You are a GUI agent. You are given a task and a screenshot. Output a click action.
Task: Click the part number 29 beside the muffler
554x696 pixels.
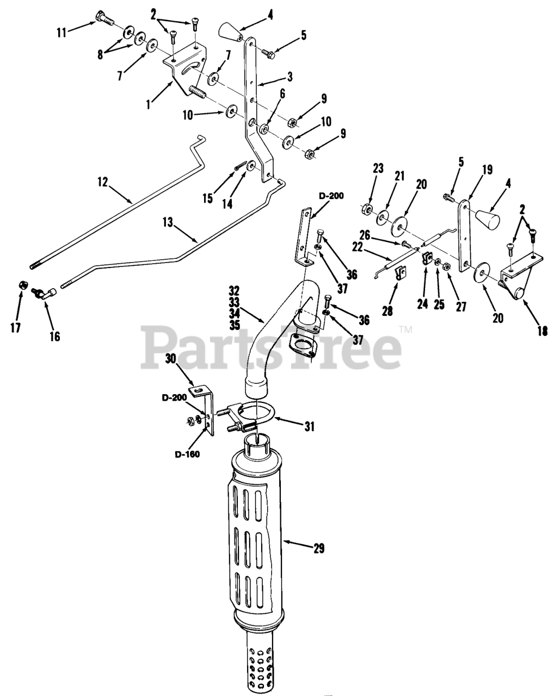pyautogui.click(x=318, y=549)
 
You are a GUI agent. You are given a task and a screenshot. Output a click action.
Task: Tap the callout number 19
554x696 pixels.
pyautogui.click(x=487, y=170)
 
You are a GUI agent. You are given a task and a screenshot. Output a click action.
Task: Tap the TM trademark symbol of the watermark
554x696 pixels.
pyautogui.click(x=406, y=329)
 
